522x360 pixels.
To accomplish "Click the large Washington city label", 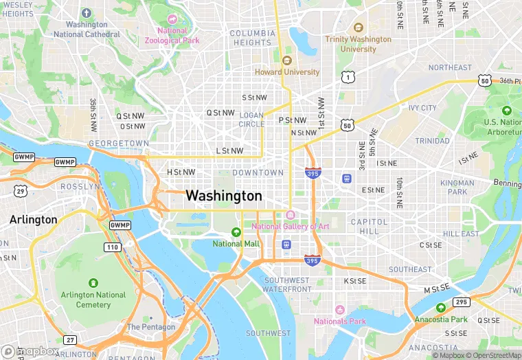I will (x=223, y=196).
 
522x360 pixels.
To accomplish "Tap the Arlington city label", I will (x=33, y=220).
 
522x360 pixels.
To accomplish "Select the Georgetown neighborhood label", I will (x=118, y=143).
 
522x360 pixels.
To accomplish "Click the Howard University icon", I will (x=286, y=60).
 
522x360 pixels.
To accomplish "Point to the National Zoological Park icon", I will (x=172, y=19).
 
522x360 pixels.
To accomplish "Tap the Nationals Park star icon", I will (x=339, y=310).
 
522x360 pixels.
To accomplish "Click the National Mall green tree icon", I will (x=236, y=232).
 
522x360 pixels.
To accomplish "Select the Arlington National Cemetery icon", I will (x=93, y=283).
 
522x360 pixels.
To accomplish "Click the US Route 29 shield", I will (x=21, y=190).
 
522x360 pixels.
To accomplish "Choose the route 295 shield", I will (x=461, y=302).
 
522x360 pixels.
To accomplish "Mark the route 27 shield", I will (x=69, y=340).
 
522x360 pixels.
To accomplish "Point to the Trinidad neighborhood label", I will (x=432, y=141).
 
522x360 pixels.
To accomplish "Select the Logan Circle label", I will (x=251, y=120).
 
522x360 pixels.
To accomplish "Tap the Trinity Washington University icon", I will (x=358, y=27).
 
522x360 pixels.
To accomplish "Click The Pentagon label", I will (x=151, y=327).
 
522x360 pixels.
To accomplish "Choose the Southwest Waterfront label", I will (x=288, y=285).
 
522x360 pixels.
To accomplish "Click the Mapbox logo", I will (x=30, y=351).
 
